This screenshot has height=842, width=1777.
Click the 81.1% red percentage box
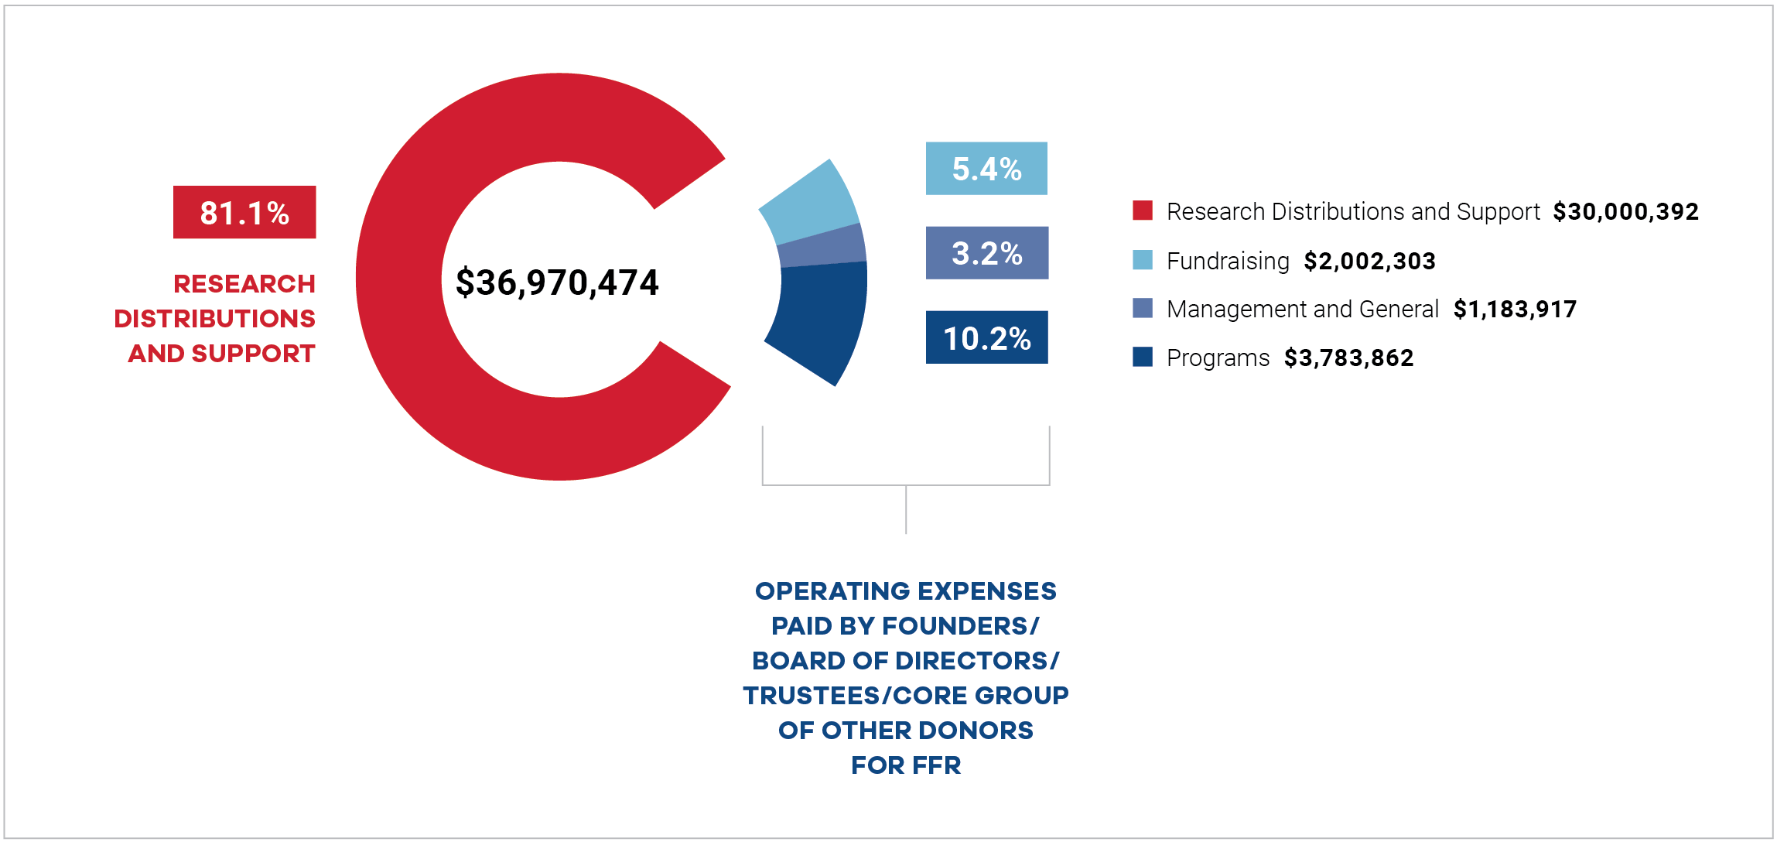[x=244, y=212]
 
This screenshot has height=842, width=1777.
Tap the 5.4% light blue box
[x=986, y=169]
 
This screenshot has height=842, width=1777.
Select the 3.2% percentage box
[x=986, y=253]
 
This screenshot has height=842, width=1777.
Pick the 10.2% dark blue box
[x=986, y=337]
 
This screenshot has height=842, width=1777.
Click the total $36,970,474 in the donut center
[x=557, y=282]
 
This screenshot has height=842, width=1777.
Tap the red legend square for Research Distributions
[x=1143, y=210]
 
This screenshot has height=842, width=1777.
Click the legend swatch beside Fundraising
[x=1143, y=260]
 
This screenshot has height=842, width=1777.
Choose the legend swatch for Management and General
[x=1143, y=308]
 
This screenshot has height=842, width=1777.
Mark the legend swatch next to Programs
[x=1143, y=357]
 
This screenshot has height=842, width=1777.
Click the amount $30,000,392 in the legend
[x=1625, y=211]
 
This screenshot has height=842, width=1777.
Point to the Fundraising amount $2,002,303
[x=1369, y=261]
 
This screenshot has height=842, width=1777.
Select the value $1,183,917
[x=1515, y=310]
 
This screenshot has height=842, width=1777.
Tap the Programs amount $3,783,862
[x=1348, y=358]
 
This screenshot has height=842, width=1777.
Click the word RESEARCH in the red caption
[x=244, y=284]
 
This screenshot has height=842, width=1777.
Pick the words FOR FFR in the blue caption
[x=906, y=765]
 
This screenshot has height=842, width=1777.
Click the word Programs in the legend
[x=1218, y=358]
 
